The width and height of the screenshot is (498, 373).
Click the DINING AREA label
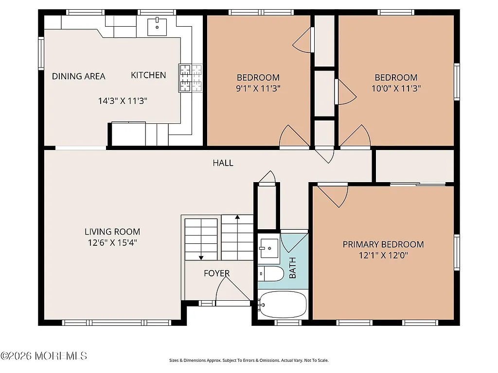pos(78,76)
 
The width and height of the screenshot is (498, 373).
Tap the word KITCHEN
pos(148,75)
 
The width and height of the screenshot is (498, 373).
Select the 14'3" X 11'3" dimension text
pos(123,101)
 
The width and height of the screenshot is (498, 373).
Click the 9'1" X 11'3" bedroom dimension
pos(258,89)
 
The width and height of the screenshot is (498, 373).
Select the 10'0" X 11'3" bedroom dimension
pos(395,89)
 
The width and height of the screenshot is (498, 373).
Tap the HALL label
pos(223,163)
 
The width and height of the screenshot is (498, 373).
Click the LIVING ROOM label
pos(112,232)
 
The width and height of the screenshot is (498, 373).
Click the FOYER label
pos(216,273)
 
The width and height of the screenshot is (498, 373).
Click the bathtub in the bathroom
pos(283,305)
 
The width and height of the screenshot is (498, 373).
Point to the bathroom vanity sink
pos(268,248)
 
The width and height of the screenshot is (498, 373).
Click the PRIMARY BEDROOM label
pos(383,244)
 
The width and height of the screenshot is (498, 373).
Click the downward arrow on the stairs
pos(201,255)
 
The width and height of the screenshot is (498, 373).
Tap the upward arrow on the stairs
pos(237,219)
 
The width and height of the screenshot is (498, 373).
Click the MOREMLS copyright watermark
pos(44,356)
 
